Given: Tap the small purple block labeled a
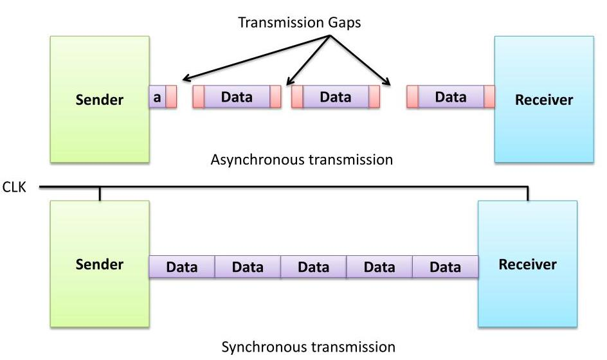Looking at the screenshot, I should point(157,97).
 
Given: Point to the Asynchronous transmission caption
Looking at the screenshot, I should point(302,159).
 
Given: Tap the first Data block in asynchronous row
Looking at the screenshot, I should point(237,97).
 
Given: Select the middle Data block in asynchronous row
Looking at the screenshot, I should point(335,97).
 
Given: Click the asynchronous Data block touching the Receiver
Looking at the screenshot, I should point(450,97).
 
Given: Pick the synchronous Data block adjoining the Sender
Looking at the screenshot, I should point(181,267).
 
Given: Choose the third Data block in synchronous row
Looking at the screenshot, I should point(313,267).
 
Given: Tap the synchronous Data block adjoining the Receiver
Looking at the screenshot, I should point(445,267).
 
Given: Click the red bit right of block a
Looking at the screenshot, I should point(171,97).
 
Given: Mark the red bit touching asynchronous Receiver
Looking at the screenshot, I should point(489,97).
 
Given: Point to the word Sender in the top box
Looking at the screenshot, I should point(100,100).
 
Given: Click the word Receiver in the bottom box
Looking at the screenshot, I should point(527,264).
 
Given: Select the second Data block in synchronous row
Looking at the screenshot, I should point(248,267).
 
